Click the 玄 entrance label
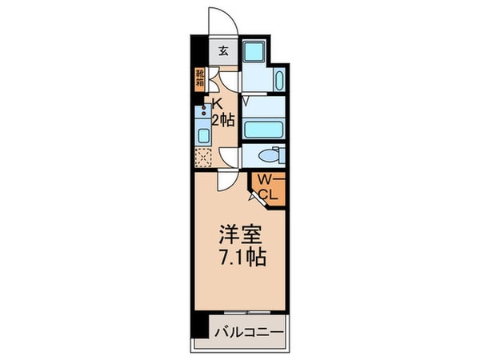click(x=224, y=53)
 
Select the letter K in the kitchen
click(x=217, y=102)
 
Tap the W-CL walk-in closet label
click(x=266, y=186)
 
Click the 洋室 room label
click(x=240, y=237)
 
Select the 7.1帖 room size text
click(x=240, y=258)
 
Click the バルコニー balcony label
click(x=248, y=330)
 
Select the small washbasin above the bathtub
click(x=278, y=81)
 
